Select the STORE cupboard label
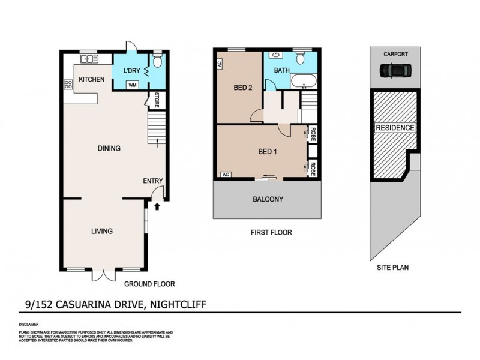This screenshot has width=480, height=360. coord(157,100)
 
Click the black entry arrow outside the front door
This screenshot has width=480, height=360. coord(157,207)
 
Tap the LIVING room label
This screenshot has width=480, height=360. coord(102,231)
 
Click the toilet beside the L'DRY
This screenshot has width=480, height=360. coord(157,61)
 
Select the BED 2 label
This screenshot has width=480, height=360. coord(242,88)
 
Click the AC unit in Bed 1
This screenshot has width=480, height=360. coord(226,175)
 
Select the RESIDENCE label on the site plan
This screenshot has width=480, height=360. coord(395,128)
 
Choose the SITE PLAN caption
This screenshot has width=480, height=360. coord(394,268)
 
